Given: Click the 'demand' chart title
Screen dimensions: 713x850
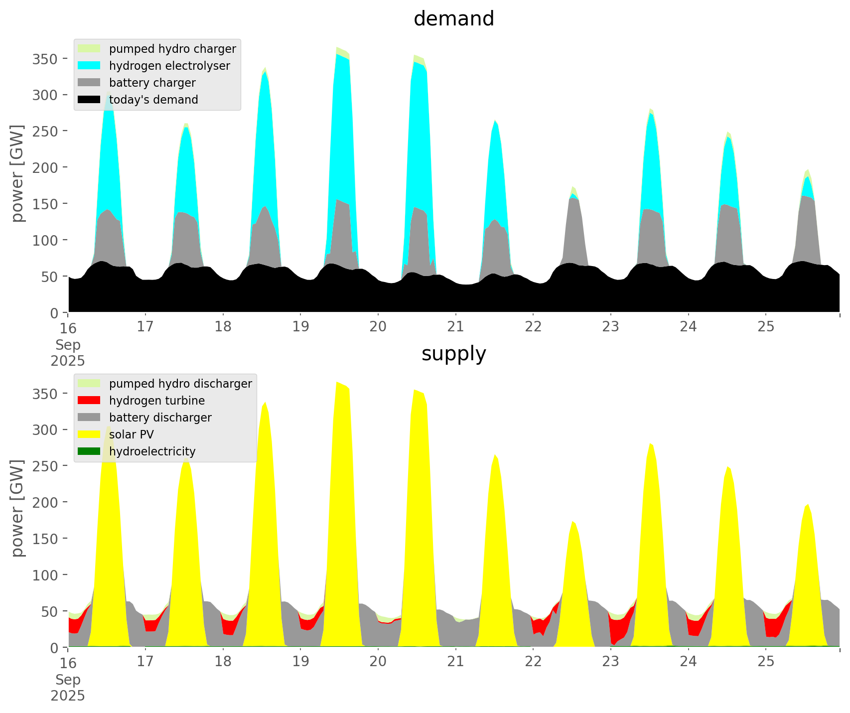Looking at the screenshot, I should click(x=453, y=19).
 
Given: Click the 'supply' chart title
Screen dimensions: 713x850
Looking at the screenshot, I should click(x=453, y=354).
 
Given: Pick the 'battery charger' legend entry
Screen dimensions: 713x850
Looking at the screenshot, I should click(x=152, y=83).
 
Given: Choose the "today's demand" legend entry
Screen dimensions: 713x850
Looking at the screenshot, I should click(x=153, y=100).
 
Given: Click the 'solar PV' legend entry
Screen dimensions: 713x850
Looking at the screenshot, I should click(x=132, y=434).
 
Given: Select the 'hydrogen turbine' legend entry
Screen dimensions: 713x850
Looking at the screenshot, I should click(x=156, y=401).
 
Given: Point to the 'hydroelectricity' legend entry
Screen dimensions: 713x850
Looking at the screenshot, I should click(x=152, y=451).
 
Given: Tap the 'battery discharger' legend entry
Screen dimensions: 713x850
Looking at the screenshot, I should click(x=160, y=418).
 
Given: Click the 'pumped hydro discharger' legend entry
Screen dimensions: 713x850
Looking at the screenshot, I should click(x=180, y=384).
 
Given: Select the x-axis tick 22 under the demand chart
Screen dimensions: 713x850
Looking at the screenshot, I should click(x=533, y=327).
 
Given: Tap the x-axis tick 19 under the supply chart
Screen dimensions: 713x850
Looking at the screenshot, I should click(x=300, y=662).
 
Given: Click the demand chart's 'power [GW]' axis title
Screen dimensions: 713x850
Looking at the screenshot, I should click(x=17, y=173).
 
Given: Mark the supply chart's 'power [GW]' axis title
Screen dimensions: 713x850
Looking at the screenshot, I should click(x=17, y=508).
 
